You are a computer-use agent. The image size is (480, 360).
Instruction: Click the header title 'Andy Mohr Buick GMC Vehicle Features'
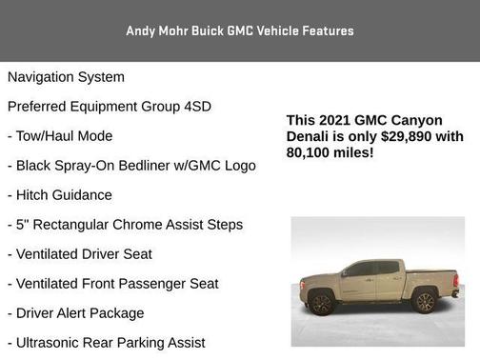coord(240,30)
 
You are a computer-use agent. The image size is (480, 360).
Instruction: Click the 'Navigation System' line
coord(66,76)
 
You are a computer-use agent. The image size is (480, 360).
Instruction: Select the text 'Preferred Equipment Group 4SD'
coord(110,106)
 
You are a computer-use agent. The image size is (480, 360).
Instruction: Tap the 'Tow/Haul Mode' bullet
coord(60,135)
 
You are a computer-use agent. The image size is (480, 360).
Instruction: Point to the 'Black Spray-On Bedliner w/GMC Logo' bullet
coord(131,165)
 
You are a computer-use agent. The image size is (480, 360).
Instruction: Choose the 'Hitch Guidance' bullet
coord(60,194)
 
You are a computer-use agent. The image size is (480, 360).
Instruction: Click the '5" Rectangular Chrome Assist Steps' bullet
coord(125,224)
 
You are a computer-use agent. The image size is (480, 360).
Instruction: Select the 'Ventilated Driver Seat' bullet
coord(79,253)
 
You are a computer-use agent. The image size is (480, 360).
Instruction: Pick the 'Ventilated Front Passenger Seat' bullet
coord(112,283)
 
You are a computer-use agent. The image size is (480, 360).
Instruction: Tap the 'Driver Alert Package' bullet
coord(76,312)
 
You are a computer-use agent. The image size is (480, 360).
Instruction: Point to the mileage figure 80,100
coord(310,151)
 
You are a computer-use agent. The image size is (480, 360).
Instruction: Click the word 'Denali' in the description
coord(310,136)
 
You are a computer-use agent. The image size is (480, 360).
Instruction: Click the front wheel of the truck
coord(322,304)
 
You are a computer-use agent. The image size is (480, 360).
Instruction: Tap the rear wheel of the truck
coord(425,303)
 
